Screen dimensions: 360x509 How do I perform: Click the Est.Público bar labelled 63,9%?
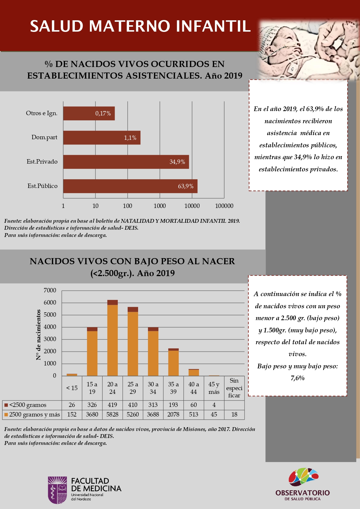pyautogui.click(x=130, y=186)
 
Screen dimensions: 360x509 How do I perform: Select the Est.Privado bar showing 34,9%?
pyautogui.click(x=126, y=162)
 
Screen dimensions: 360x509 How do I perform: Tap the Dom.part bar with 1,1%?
pyautogui.click(x=102, y=137)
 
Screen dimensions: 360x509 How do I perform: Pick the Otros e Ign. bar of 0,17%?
pyautogui.click(x=89, y=113)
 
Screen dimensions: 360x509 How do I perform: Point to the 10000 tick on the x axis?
pyautogui.click(x=192, y=206)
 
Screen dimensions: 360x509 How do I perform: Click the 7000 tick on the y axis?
pyautogui.click(x=50, y=290)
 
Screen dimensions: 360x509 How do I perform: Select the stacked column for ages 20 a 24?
pyautogui.click(x=113, y=338)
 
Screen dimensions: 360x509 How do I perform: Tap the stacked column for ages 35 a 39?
pyautogui.click(x=173, y=362)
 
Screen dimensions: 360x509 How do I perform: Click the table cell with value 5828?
pyautogui.click(x=113, y=414)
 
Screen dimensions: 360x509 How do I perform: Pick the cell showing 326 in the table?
pyautogui.click(x=92, y=405)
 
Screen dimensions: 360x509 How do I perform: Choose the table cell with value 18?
pyautogui.click(x=234, y=414)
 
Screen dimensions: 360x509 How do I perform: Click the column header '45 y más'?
pyautogui.click(x=214, y=388)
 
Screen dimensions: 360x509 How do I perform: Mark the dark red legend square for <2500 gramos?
pyautogui.click(x=6, y=405)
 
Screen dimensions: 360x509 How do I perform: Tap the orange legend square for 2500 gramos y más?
pyautogui.click(x=6, y=415)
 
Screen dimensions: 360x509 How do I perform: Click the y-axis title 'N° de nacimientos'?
pyautogui.click(x=38, y=335)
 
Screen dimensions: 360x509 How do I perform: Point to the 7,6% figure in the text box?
pyautogui.click(x=298, y=378)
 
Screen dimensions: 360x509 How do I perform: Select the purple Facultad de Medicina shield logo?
pyautogui.click(x=57, y=490)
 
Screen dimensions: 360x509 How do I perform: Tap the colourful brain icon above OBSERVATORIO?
pyautogui.click(x=303, y=477)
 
